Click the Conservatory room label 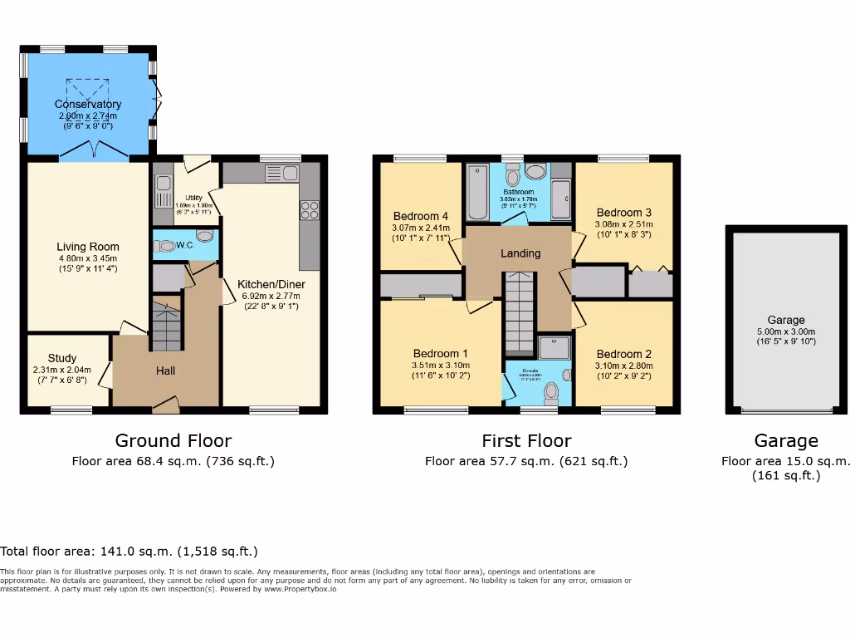click(x=88, y=104)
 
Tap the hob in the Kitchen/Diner click(x=310, y=210)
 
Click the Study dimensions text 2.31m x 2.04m click(x=62, y=371)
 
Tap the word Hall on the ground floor click(x=165, y=371)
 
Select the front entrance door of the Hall click(x=165, y=406)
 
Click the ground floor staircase click(x=166, y=326)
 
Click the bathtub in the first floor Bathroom click(x=476, y=191)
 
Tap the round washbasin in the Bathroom click(x=535, y=172)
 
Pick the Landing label click(x=520, y=253)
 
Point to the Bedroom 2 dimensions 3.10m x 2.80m click(x=624, y=366)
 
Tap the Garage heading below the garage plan click(x=785, y=441)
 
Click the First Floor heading click(x=526, y=441)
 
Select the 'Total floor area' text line click(x=129, y=551)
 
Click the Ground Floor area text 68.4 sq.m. click(x=173, y=461)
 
